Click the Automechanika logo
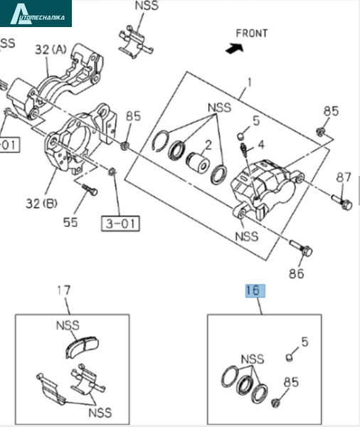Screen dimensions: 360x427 pos(36,14)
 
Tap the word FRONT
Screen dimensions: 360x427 pos(252,33)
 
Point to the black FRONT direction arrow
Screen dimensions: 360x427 pos(235,48)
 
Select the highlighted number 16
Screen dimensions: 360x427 pos(255,291)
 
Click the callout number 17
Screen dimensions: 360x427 pos(64,290)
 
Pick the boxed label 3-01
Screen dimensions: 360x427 pos(120,223)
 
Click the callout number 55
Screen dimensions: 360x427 pos(70,222)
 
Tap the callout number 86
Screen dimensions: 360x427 pos(296,274)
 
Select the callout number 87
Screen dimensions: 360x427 pos(344,177)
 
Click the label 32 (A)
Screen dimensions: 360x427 pos(51,50)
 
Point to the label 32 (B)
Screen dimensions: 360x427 pos(41,204)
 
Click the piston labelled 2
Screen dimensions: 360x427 pos(198,162)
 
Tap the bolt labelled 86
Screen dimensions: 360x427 pos(301,248)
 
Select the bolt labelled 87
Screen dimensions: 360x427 pos(342,201)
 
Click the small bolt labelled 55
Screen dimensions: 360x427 pos(89,189)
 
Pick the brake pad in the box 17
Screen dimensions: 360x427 pos(83,347)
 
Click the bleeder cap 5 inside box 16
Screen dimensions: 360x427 pos(290,357)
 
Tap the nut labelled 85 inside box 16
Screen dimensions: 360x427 pos(275,402)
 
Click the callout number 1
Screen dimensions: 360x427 pos(250,83)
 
